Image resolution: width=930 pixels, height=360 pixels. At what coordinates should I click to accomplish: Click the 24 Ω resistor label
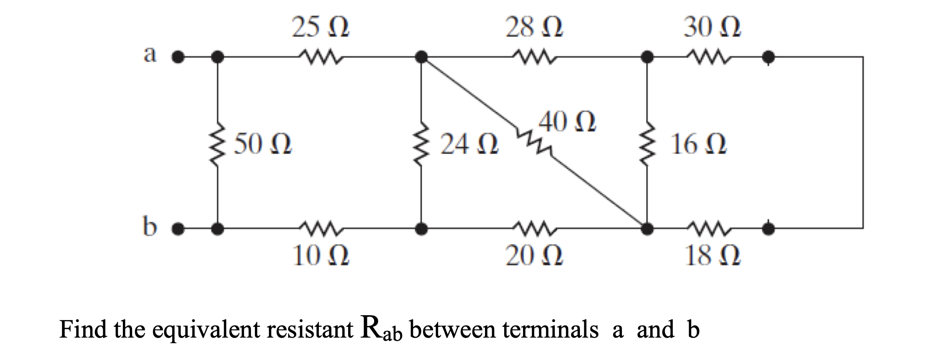click(469, 145)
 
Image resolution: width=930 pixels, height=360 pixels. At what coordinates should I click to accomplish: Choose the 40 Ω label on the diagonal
click(567, 123)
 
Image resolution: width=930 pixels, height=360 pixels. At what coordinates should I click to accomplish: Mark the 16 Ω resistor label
click(699, 145)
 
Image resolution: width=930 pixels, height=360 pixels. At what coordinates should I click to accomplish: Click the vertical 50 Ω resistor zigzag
click(218, 145)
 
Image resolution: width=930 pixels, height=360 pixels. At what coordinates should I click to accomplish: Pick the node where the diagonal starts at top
click(421, 57)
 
